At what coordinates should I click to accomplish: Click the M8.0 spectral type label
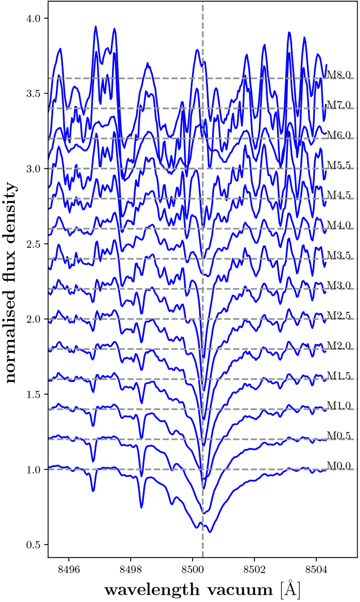point(339,75)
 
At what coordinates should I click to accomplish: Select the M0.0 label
point(339,465)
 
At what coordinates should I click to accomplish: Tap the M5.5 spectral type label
point(339,165)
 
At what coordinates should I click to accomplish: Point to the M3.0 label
point(339,285)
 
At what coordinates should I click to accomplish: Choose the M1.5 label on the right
point(339,375)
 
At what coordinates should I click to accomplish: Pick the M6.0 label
point(339,135)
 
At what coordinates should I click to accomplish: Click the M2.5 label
point(339,315)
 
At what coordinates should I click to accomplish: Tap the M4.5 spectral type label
point(339,195)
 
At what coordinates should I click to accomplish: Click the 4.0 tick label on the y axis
point(33,18)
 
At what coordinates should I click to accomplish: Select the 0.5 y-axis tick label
point(33,545)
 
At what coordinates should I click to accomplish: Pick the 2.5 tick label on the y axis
point(33,244)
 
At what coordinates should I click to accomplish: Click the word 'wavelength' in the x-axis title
point(152,590)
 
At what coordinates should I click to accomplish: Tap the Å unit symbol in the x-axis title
point(290,589)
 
